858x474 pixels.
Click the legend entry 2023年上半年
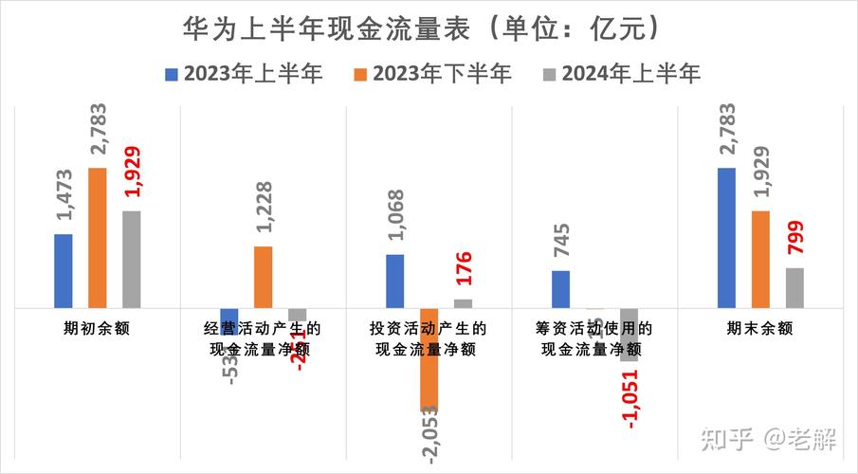click(x=244, y=73)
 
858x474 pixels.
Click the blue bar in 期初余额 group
click(x=64, y=270)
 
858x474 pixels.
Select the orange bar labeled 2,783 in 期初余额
click(x=98, y=237)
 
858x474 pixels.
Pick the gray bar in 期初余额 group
click(x=131, y=259)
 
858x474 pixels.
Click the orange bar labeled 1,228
click(x=263, y=277)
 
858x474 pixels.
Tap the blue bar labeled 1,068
click(x=394, y=281)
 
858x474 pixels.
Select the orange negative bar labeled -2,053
click(x=429, y=360)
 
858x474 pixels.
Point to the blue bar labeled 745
click(x=560, y=289)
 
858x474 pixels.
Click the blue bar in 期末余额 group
click(x=726, y=237)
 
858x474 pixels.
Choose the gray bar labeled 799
click(x=794, y=287)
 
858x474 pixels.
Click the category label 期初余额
click(x=98, y=329)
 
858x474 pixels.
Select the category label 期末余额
click(x=760, y=329)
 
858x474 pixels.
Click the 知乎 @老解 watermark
click(x=768, y=439)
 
